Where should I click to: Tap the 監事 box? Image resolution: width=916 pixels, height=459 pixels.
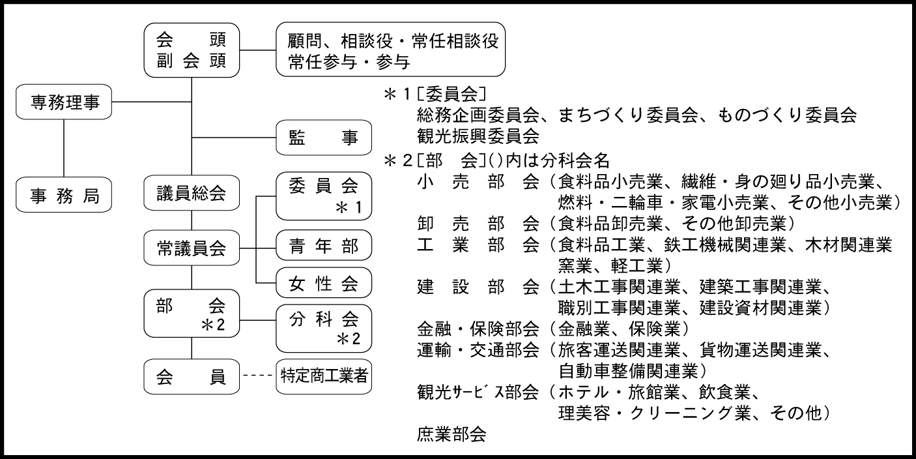[324, 138]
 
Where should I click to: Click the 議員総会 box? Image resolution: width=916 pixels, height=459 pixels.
[192, 194]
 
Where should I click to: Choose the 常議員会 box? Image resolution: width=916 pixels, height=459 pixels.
[192, 248]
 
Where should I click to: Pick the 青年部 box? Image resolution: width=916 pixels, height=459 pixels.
[324, 248]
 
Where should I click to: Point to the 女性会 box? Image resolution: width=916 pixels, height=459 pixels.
[324, 283]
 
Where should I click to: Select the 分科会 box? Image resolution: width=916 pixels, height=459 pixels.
[324, 329]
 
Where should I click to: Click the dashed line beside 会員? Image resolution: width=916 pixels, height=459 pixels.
[257, 376]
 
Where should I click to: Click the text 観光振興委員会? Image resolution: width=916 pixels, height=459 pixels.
[478, 137]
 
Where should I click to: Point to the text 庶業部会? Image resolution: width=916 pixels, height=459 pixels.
[451, 434]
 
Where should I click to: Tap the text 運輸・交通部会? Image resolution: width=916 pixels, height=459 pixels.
[478, 351]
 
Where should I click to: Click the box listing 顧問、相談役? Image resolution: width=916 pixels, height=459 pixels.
[391, 50]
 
